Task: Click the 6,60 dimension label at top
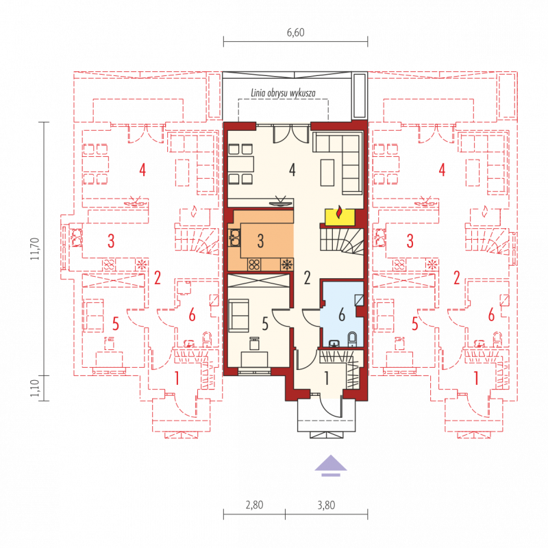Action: [x=296, y=32]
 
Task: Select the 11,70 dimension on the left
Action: [x=35, y=249]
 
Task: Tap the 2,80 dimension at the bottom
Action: [x=254, y=505]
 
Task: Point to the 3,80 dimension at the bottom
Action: [x=326, y=505]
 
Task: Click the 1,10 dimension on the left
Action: [x=35, y=388]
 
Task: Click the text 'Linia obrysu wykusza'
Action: [x=283, y=93]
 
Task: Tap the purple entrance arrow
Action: [x=331, y=466]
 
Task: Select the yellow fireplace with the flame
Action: [x=340, y=217]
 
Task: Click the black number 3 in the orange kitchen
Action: [x=260, y=241]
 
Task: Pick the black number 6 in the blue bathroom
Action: [x=342, y=314]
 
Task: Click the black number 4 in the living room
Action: [x=292, y=169]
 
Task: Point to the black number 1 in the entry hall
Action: [x=327, y=378]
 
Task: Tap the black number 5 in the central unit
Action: [x=265, y=324]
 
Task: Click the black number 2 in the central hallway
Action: [x=307, y=277]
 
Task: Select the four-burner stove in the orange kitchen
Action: [x=254, y=264]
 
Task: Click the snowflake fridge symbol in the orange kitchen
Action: [x=287, y=264]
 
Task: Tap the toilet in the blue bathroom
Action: [x=352, y=338]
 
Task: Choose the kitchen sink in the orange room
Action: [x=234, y=238]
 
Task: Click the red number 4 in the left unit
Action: [x=142, y=170]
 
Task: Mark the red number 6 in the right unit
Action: [x=491, y=314]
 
